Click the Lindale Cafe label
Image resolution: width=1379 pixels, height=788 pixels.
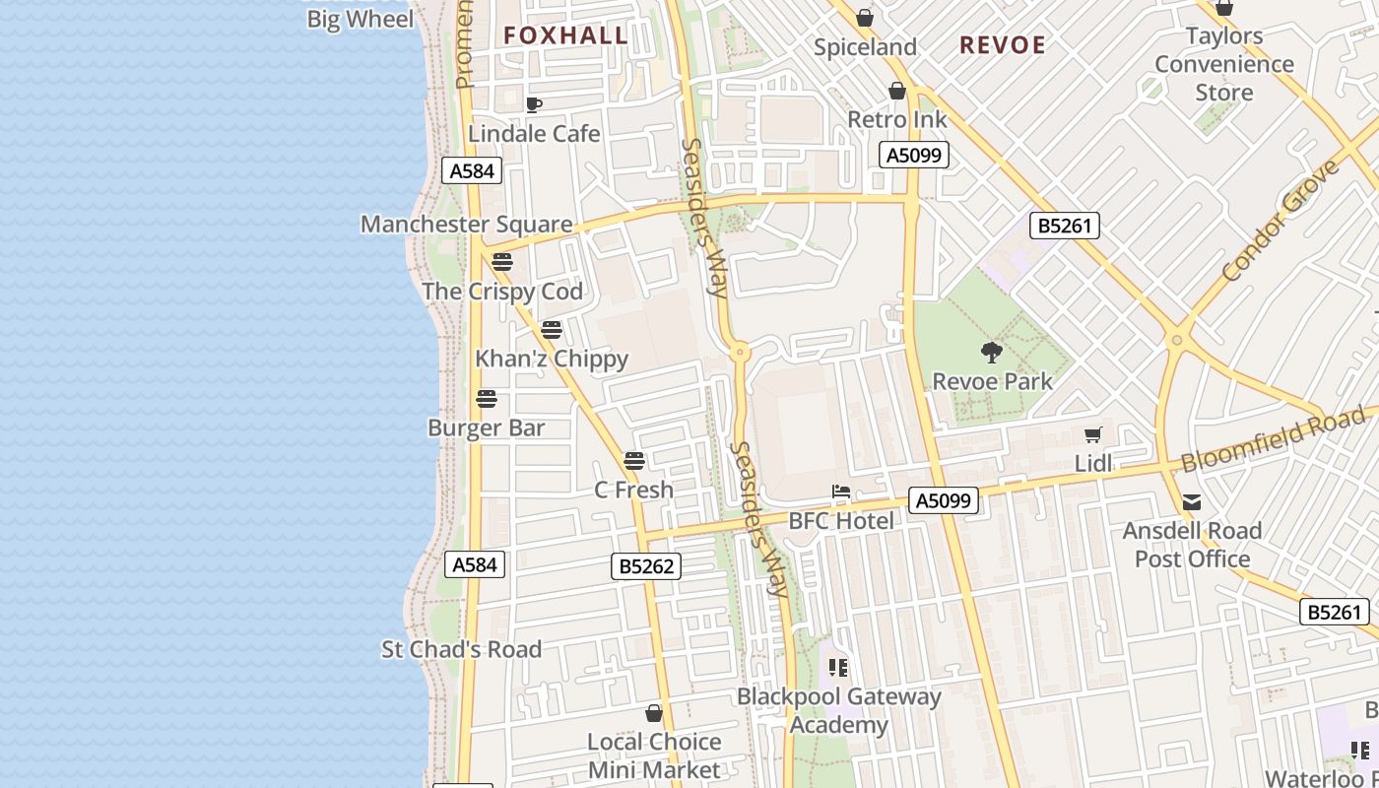pos(534,133)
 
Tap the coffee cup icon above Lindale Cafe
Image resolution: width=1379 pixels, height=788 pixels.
pos(534,105)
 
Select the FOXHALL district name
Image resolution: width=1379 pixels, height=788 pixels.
pos(565,35)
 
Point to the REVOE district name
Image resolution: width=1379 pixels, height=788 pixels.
pos(1002,45)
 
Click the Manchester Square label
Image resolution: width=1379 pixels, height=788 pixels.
pos(466,224)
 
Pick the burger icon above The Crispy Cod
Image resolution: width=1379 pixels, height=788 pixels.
pos(502,262)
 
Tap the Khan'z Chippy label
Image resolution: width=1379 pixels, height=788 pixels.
pos(552,359)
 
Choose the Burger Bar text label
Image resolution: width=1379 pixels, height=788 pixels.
pos(486,428)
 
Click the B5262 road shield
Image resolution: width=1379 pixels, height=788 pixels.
pos(645,566)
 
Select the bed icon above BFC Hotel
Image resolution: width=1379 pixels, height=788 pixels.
pos(840,492)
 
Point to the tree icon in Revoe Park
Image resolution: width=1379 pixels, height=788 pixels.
pos(992,353)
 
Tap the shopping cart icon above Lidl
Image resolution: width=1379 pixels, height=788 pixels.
pos(1092,434)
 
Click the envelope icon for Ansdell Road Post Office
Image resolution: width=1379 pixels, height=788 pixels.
pos(1192,502)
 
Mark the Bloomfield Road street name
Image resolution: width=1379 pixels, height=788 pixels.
pos(1274,443)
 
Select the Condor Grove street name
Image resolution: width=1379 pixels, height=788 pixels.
pos(1280,221)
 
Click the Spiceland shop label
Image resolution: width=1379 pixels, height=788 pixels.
pos(865,47)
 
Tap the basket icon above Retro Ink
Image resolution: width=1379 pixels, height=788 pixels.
pos(896,92)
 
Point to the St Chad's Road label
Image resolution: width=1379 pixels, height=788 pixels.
pos(461,649)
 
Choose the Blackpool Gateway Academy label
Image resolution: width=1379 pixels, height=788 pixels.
pos(839,711)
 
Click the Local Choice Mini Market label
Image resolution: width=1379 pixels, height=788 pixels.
pos(654,755)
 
